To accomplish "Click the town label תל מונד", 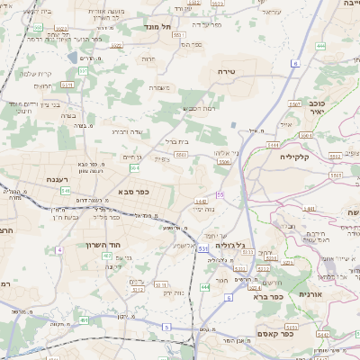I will tap(158, 28).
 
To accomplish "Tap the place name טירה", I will tap(226, 70).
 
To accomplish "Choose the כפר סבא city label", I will tap(132, 192).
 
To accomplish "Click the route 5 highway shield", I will tap(167, 326).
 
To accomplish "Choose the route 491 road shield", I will tap(84, 319).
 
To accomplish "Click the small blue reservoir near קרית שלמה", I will tap(72, 58).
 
